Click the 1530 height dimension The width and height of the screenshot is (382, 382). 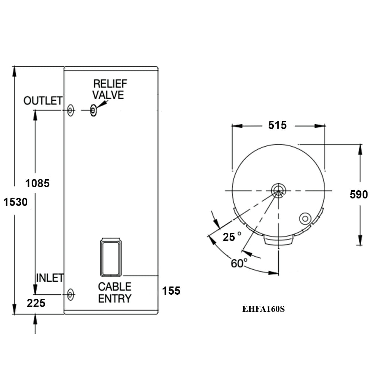click(16, 202)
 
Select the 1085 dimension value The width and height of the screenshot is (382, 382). click(37, 183)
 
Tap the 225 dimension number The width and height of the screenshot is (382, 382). click(36, 303)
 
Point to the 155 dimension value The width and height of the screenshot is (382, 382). click(171, 291)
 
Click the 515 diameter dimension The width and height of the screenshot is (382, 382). click(278, 125)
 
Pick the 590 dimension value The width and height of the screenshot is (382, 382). click(359, 194)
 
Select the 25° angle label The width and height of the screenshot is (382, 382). click(232, 237)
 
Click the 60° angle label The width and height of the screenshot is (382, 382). click(239, 263)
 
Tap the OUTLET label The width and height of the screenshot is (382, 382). click(43, 101)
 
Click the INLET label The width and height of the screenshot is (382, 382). click(50, 278)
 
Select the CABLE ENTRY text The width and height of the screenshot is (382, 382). click(115, 292)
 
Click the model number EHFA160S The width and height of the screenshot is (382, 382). click(263, 309)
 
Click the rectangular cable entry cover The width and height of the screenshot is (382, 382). click(110, 257)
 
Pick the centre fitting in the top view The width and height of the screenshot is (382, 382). click(278, 190)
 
